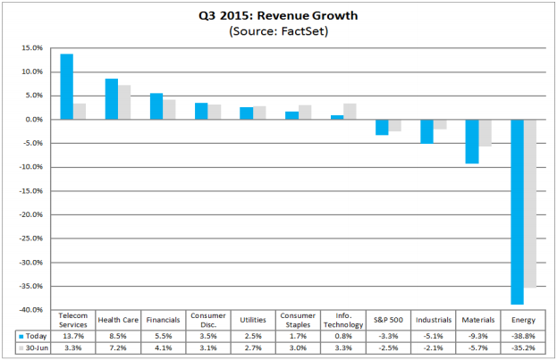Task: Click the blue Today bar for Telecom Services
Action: (67, 87)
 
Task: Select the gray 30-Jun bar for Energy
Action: (529, 204)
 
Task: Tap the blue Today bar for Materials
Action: (472, 142)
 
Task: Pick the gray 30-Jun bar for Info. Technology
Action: (350, 112)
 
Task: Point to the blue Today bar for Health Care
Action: (112, 99)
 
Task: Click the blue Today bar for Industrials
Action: (427, 131)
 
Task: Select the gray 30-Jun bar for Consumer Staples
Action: (305, 113)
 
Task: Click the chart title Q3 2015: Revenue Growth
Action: (278, 15)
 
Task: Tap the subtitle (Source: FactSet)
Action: (279, 31)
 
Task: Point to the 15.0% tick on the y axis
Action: (32, 48)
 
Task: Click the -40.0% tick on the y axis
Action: (31, 310)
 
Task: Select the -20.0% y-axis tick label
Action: (31, 214)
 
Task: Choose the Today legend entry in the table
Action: (33, 336)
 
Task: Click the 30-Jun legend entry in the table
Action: (33, 348)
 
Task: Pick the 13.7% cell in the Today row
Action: (72, 336)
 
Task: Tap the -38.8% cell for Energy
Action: (523, 336)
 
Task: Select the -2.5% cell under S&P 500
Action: (388, 348)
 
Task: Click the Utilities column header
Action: (253, 320)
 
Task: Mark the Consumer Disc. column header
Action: (208, 320)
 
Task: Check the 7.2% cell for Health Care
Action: (118, 348)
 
